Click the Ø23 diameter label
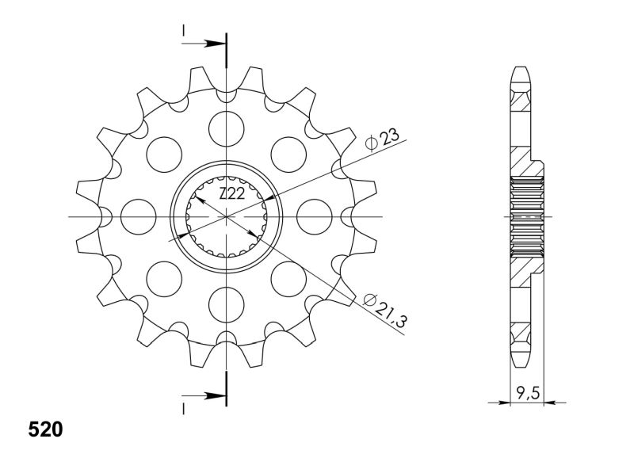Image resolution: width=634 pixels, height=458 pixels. coord(382,140)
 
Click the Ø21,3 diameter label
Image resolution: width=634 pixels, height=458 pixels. coord(385,310)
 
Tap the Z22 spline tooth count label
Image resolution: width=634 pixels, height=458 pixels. coord(231,194)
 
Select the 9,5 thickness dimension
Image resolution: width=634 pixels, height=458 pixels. coord(528,392)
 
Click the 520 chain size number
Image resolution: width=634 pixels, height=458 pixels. coord(46,429)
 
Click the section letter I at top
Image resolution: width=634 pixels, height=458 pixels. coord(184,30)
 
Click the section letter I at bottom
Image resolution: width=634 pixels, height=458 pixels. coord(184,409)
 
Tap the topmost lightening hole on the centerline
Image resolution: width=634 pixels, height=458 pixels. coord(227,129)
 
